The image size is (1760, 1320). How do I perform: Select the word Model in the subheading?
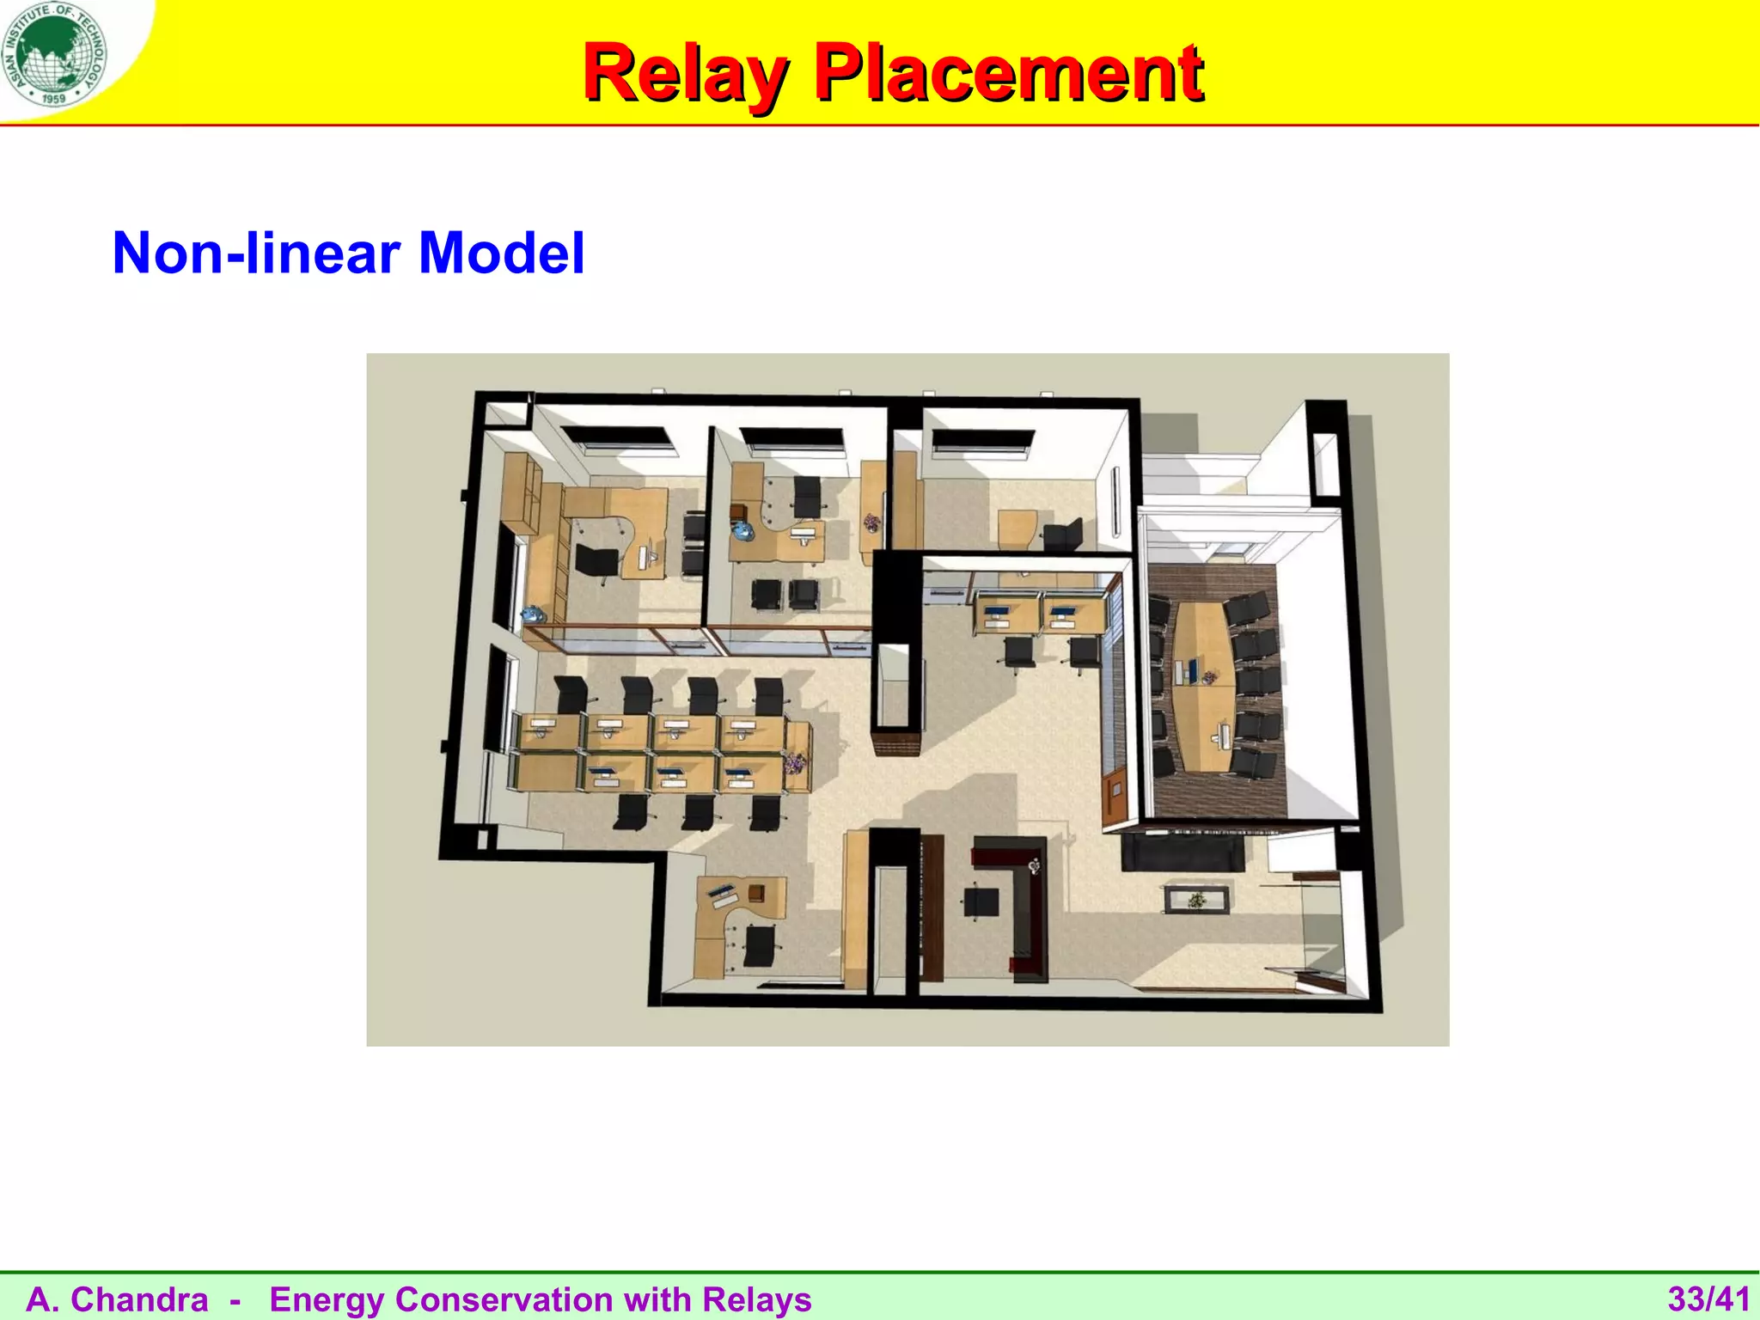point(502,253)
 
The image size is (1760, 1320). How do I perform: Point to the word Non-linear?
point(256,253)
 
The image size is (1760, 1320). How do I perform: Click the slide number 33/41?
point(1708,1299)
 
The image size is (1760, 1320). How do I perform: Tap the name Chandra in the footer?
point(139,1299)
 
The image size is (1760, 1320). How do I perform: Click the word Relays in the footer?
point(757,1299)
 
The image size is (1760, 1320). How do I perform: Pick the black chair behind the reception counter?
point(981,902)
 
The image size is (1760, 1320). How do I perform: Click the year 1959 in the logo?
point(53,99)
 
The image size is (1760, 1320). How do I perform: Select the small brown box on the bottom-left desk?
point(756,892)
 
